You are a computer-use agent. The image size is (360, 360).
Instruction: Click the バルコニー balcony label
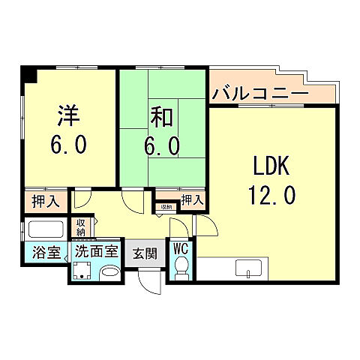point(259,94)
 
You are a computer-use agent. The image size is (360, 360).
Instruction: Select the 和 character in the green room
point(163,117)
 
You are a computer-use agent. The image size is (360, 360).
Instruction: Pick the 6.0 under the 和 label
point(163,145)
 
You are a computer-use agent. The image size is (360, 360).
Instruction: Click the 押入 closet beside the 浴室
point(44,200)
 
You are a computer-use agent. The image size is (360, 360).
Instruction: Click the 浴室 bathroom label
point(44,252)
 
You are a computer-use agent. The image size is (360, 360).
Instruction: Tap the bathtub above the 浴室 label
point(45,229)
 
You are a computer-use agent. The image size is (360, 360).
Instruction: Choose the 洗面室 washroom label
point(96,251)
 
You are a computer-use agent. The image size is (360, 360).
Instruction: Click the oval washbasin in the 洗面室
point(110,271)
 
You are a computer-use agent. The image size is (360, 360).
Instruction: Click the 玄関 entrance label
point(145,252)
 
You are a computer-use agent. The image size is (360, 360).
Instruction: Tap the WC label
point(181,248)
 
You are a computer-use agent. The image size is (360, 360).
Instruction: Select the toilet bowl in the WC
point(181,267)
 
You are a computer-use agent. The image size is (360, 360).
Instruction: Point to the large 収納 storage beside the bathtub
point(80,226)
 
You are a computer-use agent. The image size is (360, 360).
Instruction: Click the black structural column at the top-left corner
point(28,74)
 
